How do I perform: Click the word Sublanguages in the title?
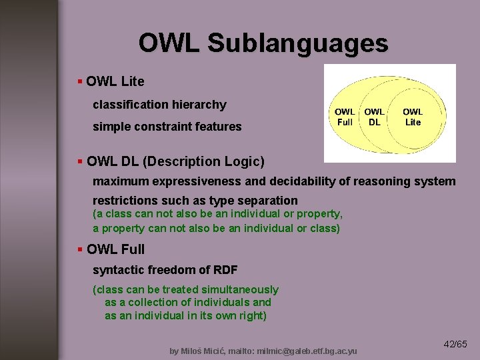pos(297,43)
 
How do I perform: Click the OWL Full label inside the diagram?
pos(345,117)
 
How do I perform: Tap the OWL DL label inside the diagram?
pos(374,117)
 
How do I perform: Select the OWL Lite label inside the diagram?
pos(413,117)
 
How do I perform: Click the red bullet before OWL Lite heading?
pos(80,81)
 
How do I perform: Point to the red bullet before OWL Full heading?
pos(80,249)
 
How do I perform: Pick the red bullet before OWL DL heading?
pos(80,161)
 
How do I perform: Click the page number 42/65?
pos(455,344)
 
